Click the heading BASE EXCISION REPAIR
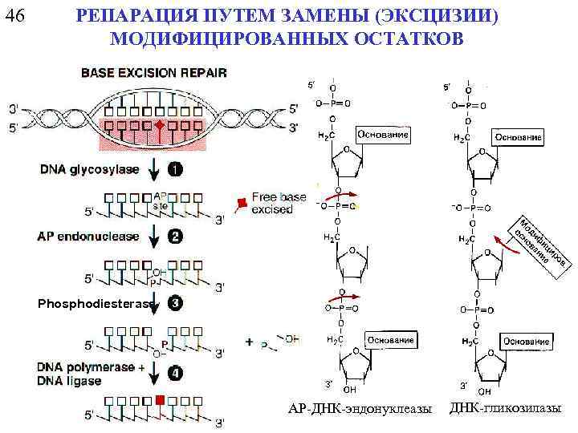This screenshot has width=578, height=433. [153, 72]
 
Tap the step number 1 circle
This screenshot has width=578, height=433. [175, 169]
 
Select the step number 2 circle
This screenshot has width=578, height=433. [175, 237]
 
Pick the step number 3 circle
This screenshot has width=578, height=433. [175, 303]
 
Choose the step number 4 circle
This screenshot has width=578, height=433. [175, 372]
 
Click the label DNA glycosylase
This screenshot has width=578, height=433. [88, 169]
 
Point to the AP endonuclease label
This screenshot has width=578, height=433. [88, 237]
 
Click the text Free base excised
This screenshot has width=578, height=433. [279, 202]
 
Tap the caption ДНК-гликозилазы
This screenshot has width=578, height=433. [505, 409]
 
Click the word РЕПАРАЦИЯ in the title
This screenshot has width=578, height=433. [130, 17]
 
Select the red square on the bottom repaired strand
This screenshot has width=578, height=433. [161, 399]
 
